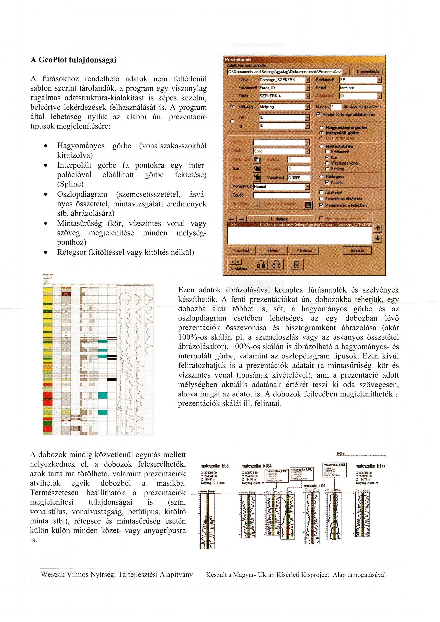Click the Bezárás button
(x=357, y=250)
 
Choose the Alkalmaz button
(x=304, y=250)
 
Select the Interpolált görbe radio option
(x=322, y=133)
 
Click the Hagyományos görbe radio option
(x=322, y=127)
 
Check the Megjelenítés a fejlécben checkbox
(x=321, y=205)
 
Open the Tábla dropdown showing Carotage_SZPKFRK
(x=307, y=80)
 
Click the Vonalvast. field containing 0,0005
(x=298, y=178)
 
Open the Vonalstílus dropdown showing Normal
(x=307, y=186)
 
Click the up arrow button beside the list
(x=377, y=229)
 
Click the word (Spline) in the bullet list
(x=70, y=184)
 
